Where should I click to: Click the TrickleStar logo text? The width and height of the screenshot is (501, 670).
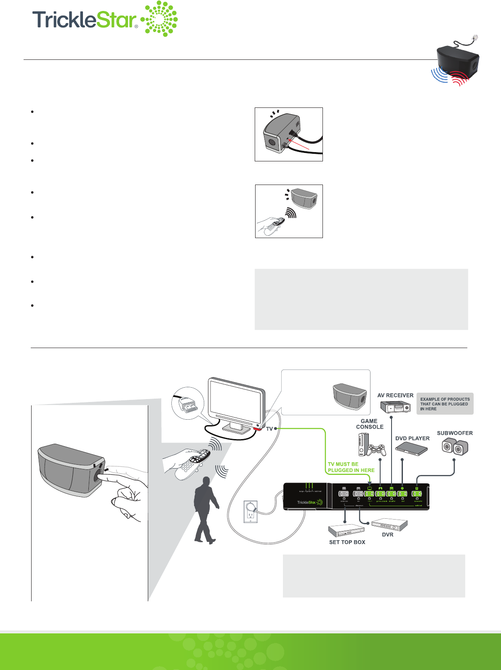(x=84, y=19)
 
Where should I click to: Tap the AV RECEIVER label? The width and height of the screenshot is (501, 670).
(x=395, y=395)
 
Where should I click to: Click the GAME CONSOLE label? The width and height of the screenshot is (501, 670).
(x=370, y=424)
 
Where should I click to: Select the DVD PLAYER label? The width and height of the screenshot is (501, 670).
(x=412, y=438)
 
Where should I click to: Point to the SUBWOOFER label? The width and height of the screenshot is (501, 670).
(x=455, y=433)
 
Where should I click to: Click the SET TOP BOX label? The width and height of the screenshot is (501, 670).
(x=347, y=542)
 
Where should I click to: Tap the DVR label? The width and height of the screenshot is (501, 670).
(x=387, y=535)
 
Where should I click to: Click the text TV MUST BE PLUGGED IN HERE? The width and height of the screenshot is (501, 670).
(x=351, y=467)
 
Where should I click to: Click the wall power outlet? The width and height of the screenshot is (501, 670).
(x=250, y=512)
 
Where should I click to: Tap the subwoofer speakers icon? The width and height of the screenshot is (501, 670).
(x=455, y=447)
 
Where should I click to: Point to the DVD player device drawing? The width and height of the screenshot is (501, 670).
(x=411, y=449)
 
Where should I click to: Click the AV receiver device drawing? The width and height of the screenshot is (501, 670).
(x=395, y=407)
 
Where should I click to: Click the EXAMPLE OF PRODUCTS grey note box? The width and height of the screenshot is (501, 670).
(x=445, y=404)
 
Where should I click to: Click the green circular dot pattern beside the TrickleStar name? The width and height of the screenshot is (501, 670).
(x=160, y=19)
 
